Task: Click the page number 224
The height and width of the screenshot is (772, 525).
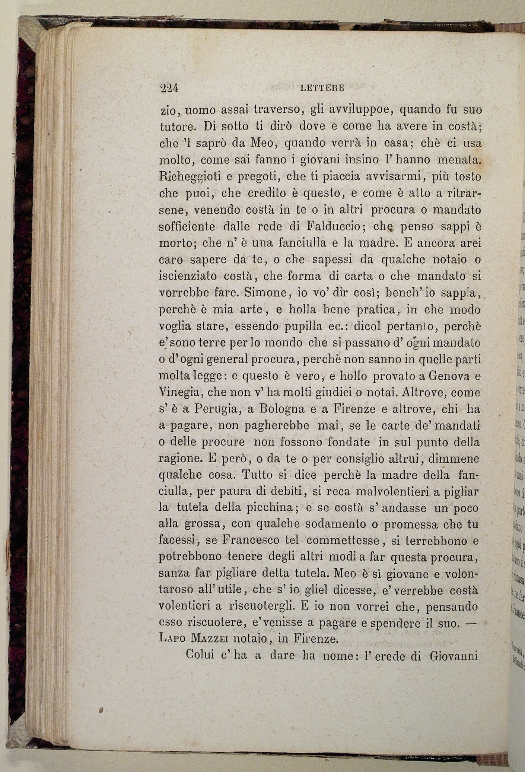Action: (x=169, y=88)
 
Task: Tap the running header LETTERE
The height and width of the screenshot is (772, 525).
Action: (x=322, y=89)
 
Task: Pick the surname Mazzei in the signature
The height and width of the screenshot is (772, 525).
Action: (x=209, y=640)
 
